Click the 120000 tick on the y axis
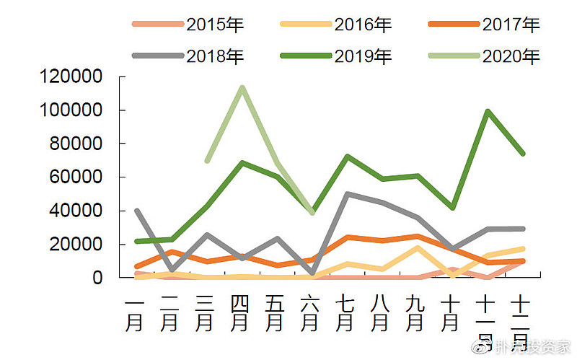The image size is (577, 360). pos(72,76)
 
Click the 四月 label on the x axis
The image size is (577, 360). pos(239,312)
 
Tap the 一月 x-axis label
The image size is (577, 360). pos(135,312)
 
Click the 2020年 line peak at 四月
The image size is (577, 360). pos(241,87)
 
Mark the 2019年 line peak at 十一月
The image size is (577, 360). pos(488,111)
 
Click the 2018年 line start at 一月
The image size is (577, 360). pos(136,211)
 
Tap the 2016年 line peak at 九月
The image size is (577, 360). pos(417,247)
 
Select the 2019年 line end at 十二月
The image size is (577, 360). pos(522,154)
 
